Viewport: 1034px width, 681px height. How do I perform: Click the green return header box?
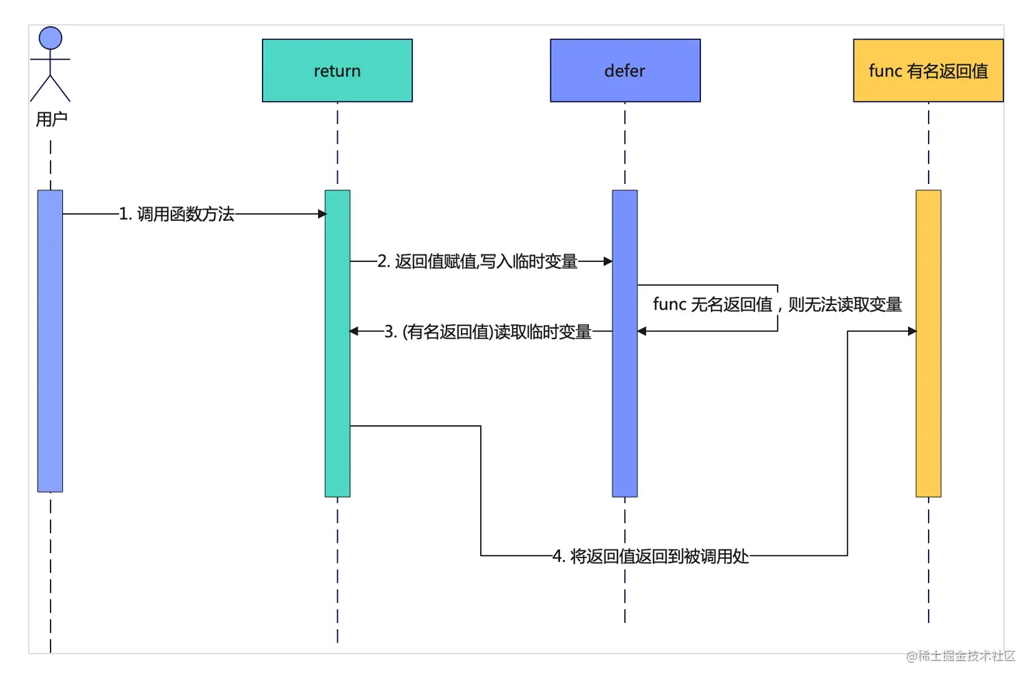[337, 70]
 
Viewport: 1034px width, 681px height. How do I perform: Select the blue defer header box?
[625, 70]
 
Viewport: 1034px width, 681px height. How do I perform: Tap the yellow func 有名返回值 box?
[928, 70]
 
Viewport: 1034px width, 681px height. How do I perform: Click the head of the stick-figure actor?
[51, 38]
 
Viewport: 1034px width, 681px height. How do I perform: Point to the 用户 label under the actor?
[51, 120]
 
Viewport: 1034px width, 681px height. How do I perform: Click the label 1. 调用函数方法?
[176, 214]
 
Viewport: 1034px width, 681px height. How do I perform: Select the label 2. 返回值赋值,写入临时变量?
[477, 261]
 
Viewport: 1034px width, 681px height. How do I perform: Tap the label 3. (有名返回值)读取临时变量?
[487, 332]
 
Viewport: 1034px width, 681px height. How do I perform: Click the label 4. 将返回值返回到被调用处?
[650, 556]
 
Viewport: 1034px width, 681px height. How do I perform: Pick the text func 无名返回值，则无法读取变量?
[777, 304]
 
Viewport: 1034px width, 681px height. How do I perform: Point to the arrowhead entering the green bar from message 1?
[322, 214]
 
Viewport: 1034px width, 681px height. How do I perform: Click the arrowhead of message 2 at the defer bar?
[608, 261]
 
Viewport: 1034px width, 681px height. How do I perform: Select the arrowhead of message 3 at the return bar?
[354, 332]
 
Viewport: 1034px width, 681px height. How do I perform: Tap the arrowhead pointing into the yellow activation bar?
[912, 331]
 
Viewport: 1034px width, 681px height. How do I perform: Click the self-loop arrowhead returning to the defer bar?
[642, 332]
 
